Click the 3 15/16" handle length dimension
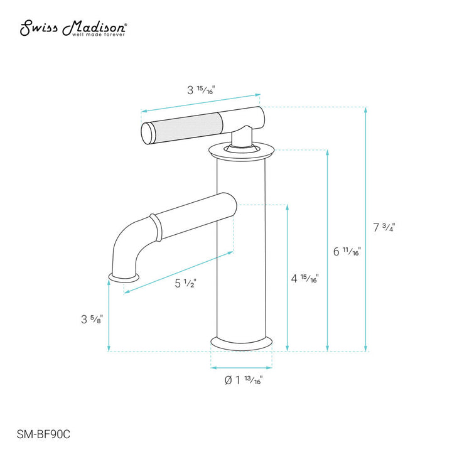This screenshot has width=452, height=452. pyautogui.click(x=201, y=90)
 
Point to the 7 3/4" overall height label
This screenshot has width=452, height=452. pyautogui.click(x=384, y=228)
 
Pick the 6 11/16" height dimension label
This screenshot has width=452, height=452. pyautogui.click(x=347, y=252)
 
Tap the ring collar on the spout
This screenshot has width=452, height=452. pyautogui.click(x=154, y=227)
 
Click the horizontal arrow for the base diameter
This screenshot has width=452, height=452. pyautogui.click(x=241, y=367)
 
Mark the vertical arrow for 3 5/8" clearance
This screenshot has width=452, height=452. pyautogui.click(x=109, y=317)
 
